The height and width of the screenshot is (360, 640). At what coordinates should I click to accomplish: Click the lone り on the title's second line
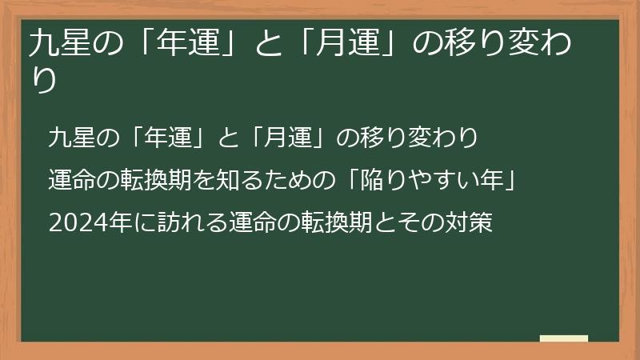coord(43,82)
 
